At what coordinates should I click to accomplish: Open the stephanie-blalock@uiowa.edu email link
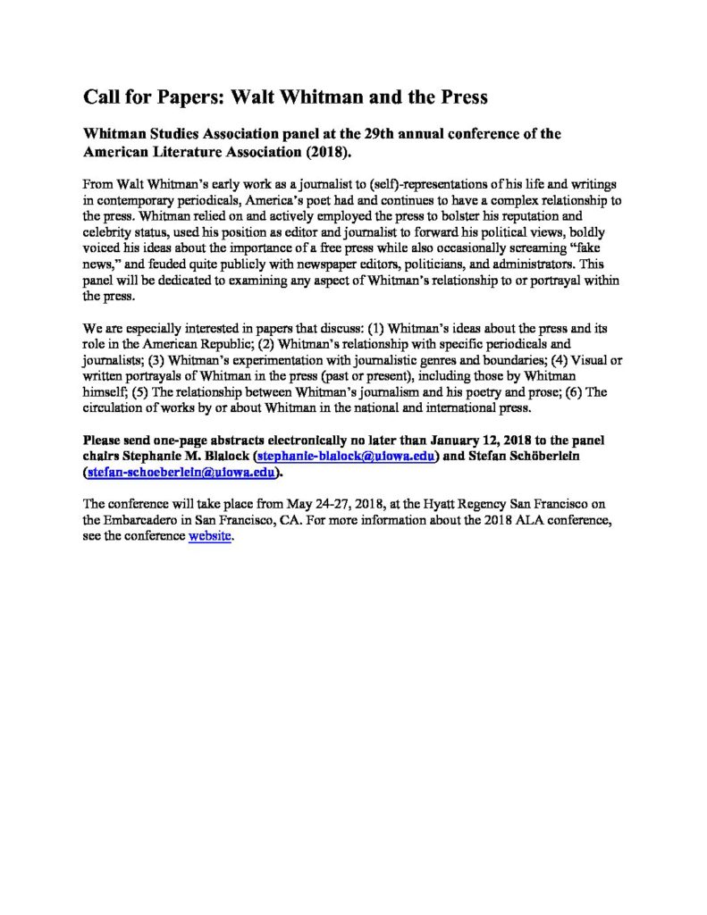coord(346,457)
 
